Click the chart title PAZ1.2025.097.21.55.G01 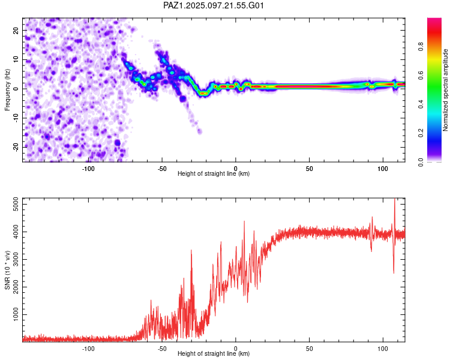click(213, 5)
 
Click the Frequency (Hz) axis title click(7, 90)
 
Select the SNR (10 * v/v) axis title click(7, 270)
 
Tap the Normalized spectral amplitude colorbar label click(445, 90)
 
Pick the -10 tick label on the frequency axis click(16, 118)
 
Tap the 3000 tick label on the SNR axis click(16, 260)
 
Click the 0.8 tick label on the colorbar click(421, 46)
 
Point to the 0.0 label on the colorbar click(421, 162)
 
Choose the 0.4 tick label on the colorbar click(421, 104)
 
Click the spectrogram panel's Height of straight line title click(214, 173)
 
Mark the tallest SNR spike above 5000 click(395, 199)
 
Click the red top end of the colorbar click(434, 19)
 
